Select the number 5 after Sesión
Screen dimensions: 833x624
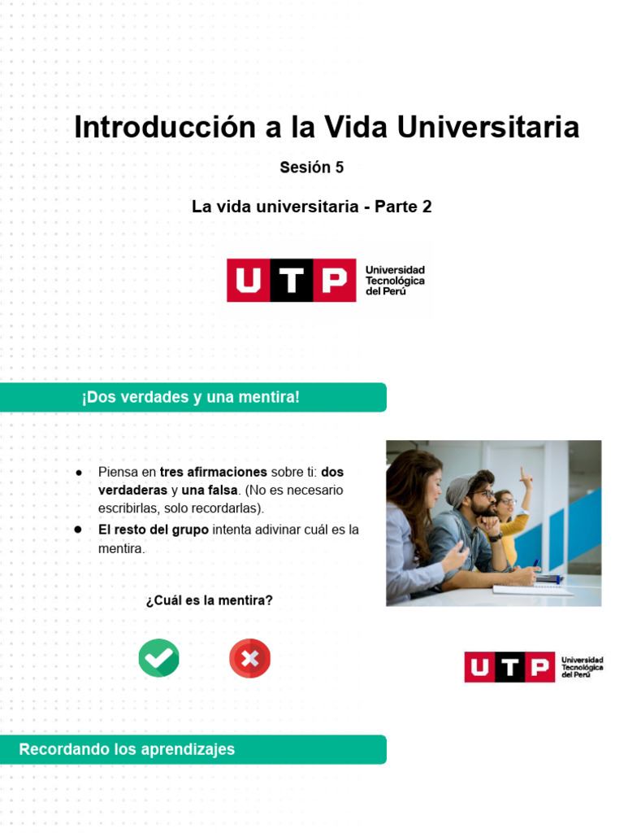339,168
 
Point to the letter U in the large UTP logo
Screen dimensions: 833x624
248,281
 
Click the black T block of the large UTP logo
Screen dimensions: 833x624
291,281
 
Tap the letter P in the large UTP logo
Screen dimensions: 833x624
334,281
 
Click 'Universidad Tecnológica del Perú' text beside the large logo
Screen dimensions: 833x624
395,280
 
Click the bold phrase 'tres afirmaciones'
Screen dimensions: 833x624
214,472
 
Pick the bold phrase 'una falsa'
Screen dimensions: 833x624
210,490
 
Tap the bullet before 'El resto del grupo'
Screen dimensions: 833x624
79,530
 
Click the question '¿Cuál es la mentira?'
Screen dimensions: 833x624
209,600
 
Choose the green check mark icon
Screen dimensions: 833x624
158,658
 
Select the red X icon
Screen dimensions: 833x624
249,658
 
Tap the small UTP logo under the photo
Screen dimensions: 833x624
533,667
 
